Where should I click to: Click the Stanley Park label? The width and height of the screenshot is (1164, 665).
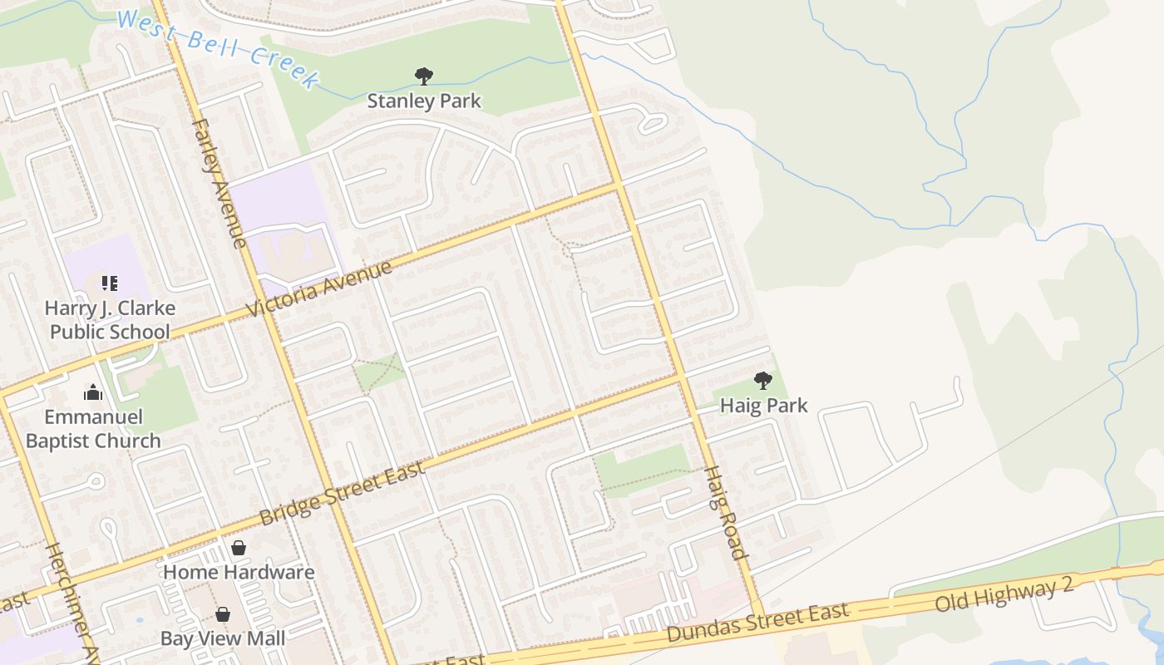click(x=424, y=101)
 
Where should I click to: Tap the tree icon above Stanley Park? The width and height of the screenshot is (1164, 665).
click(x=424, y=76)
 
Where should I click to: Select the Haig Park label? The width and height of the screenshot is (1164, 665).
click(x=763, y=406)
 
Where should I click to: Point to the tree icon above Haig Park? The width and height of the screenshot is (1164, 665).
click(x=762, y=381)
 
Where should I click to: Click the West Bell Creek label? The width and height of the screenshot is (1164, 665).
click(x=218, y=48)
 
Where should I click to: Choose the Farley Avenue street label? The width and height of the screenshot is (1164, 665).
click(x=219, y=183)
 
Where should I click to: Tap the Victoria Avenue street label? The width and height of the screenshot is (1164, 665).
click(x=320, y=289)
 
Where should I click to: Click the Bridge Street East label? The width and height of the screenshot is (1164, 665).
click(x=343, y=492)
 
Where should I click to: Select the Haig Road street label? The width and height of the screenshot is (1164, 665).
click(x=725, y=512)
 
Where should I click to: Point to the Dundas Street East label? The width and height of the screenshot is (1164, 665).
click(x=757, y=623)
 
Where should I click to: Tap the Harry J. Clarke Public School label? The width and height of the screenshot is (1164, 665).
click(x=110, y=320)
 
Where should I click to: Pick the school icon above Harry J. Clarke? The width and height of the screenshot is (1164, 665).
click(x=110, y=283)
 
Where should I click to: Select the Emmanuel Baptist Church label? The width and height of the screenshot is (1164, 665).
click(x=93, y=429)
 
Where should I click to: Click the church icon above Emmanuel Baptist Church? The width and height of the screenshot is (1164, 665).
click(x=93, y=392)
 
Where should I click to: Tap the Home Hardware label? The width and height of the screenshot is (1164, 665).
click(x=239, y=572)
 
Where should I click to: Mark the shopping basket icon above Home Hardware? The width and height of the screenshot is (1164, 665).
click(x=239, y=548)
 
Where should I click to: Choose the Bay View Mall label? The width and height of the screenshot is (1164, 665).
click(x=223, y=638)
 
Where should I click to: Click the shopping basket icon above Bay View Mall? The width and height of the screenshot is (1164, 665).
click(x=223, y=614)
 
